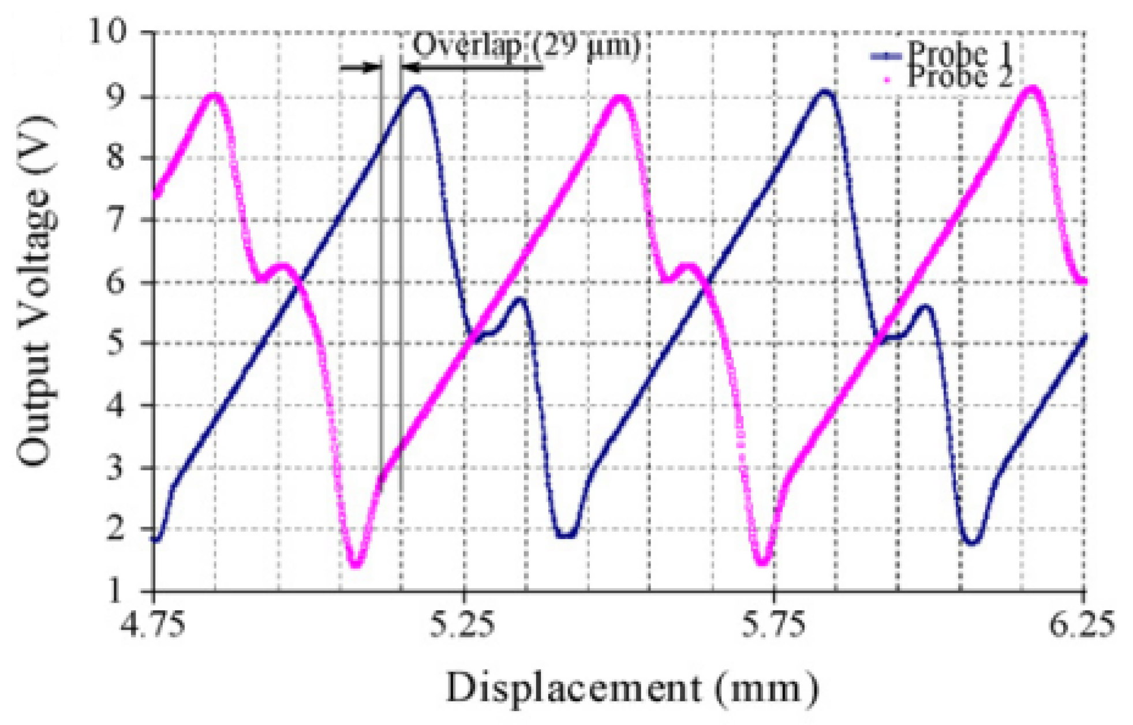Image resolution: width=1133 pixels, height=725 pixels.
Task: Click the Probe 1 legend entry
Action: pos(958,55)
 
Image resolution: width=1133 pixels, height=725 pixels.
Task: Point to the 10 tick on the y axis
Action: pos(107,31)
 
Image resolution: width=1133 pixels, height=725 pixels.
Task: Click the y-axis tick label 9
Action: pos(115,96)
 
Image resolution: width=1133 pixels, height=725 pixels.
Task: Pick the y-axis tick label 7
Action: pos(115,220)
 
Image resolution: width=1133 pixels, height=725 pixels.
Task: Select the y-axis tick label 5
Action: pos(115,343)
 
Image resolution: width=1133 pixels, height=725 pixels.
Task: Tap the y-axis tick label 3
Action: pos(115,467)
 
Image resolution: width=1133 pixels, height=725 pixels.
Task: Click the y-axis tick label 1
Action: pos(115,591)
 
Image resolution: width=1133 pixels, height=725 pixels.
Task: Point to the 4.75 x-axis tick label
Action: pos(153,625)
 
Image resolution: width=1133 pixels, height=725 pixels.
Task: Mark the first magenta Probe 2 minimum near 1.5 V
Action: pos(356,565)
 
